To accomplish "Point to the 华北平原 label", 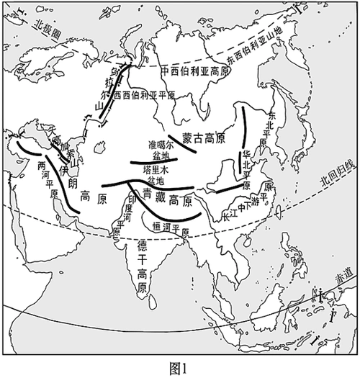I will [247, 169].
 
